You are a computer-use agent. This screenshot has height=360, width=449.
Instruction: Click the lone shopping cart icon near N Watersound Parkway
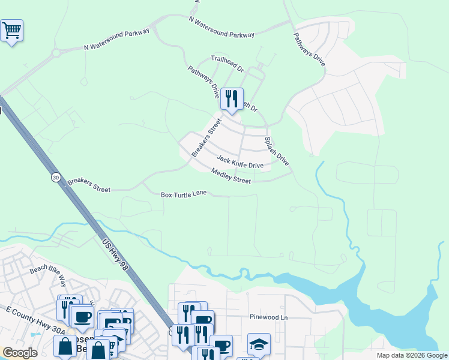click(11, 30)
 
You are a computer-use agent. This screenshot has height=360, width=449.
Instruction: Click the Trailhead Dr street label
click(227, 64)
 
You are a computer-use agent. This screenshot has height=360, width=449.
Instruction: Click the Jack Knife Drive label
click(240, 162)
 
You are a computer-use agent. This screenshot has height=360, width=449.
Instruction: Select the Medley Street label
click(231, 176)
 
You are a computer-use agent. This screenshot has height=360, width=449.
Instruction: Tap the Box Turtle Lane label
click(184, 194)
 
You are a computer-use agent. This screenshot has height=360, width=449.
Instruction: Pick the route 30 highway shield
click(55, 178)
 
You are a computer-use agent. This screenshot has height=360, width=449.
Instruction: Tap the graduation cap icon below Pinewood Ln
click(259, 344)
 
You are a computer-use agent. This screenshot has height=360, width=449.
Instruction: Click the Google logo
click(20, 352)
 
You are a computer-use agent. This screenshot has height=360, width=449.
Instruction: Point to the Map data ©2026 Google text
click(412, 355)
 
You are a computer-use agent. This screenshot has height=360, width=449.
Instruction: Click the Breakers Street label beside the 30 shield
click(89, 185)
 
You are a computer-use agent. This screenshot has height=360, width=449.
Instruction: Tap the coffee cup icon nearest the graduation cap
click(221, 346)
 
